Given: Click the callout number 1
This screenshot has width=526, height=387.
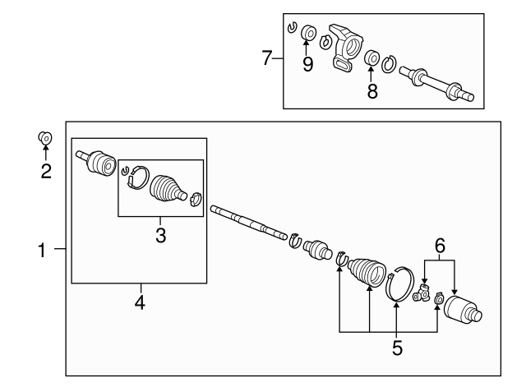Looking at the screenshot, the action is (42, 250).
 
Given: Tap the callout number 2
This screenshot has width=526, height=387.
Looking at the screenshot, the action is (46, 171).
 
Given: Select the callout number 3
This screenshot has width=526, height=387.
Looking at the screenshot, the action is (161, 235).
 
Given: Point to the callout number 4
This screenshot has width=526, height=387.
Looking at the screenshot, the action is (140, 302).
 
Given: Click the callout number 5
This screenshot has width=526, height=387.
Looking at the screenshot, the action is (397, 348).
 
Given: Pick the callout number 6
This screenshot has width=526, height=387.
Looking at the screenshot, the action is (440, 246).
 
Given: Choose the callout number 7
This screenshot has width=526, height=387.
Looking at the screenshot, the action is (266, 58).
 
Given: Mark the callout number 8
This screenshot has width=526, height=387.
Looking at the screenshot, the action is (372, 91).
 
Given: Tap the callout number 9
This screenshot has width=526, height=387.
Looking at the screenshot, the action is (307, 64).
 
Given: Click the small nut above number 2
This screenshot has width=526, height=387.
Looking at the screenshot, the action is (45, 137).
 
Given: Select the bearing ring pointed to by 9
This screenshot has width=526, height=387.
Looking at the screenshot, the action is (308, 33).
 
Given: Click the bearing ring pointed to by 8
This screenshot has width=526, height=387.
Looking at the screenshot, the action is (372, 58).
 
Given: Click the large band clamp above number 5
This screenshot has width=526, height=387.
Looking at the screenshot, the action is (400, 283).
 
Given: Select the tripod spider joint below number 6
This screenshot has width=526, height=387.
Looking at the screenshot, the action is (422, 293).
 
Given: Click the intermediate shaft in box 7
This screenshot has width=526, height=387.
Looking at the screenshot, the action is (436, 83).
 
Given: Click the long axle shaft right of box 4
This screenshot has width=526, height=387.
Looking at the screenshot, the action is (248, 223).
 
